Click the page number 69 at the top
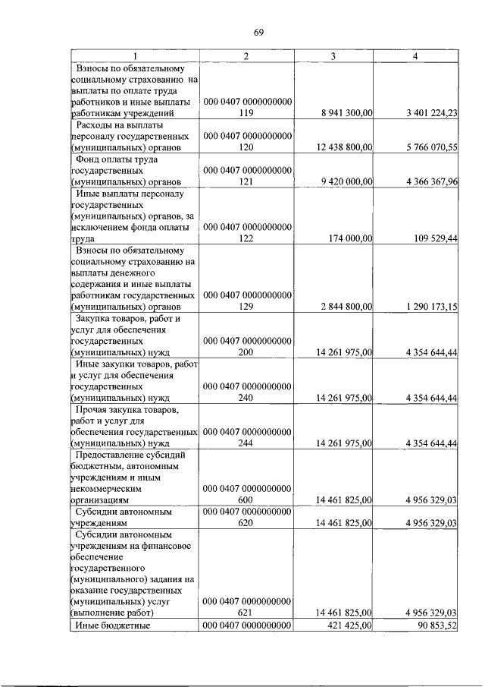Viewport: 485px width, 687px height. [x=258, y=32]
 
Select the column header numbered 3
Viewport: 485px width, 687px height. [x=333, y=55]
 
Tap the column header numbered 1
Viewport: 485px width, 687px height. [x=135, y=55]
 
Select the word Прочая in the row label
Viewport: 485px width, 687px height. [x=95, y=409]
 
